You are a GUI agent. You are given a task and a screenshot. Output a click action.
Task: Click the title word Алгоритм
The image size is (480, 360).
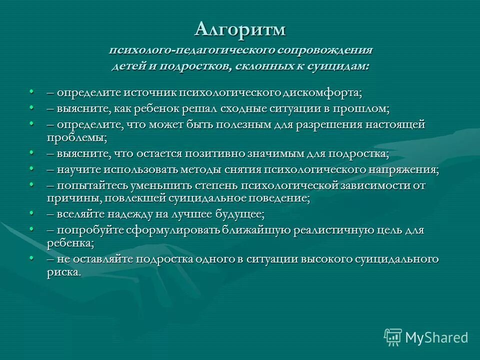pyautogui.click(x=240, y=29)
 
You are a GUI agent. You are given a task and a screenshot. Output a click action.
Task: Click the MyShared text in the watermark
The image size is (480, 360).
pyautogui.click(x=436, y=337)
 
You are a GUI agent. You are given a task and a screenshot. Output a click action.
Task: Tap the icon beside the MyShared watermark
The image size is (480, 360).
pyautogui.click(x=393, y=337)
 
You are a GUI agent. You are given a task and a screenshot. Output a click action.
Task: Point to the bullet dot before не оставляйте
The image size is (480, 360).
pyautogui.click(x=31, y=258)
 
